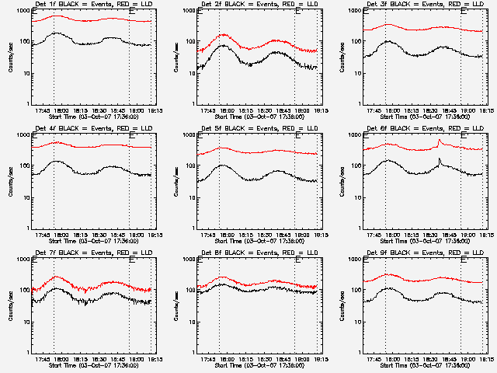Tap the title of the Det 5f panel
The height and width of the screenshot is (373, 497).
coord(256,129)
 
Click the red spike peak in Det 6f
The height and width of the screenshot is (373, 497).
coord(440,140)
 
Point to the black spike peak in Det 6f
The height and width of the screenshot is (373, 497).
coord(440,159)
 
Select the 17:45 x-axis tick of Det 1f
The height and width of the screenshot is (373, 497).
coord(43,110)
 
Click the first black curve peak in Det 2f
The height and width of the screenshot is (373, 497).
coord(222,46)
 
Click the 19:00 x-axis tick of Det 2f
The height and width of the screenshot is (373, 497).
coord(304,110)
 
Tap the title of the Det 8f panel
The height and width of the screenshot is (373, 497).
coord(256,253)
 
